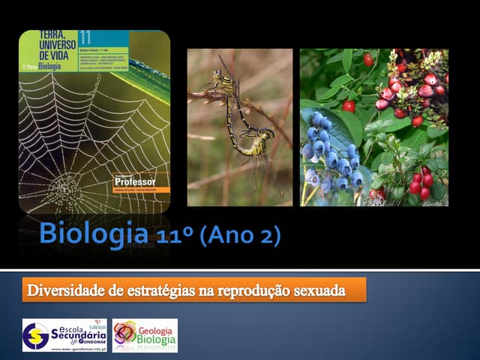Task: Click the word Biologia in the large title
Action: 93,233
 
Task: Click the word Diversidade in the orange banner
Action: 65,289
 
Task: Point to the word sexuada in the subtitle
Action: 319,289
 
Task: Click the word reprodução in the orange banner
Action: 254,289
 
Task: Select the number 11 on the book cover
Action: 85,37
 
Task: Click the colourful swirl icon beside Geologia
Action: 124,331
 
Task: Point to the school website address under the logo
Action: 79,346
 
